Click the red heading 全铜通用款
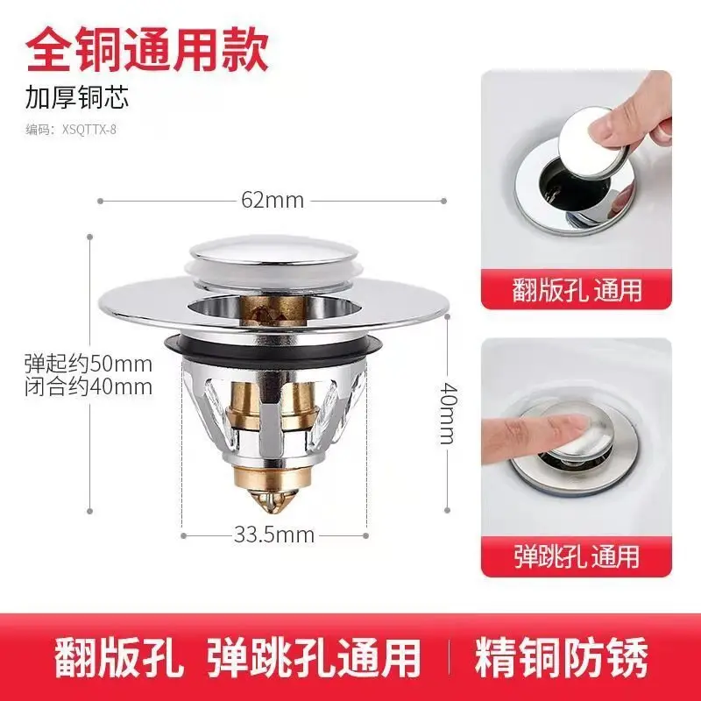coord(147,49)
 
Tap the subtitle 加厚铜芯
coord(77,98)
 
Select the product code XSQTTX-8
coord(89,130)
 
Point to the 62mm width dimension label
coord(273,201)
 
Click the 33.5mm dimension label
coord(274,535)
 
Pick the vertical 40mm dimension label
coord(448,413)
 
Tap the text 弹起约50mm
coord(89,365)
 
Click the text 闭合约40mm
coord(89,387)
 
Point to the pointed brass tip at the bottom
coord(273,502)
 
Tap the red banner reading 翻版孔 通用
coord(577,289)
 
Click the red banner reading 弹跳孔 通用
coord(577,556)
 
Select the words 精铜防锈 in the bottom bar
coord(561,657)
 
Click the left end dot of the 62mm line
coord(100,202)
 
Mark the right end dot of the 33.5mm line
coord(366,535)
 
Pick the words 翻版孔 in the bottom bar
coord(119,658)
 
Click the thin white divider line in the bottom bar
coord(449,657)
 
